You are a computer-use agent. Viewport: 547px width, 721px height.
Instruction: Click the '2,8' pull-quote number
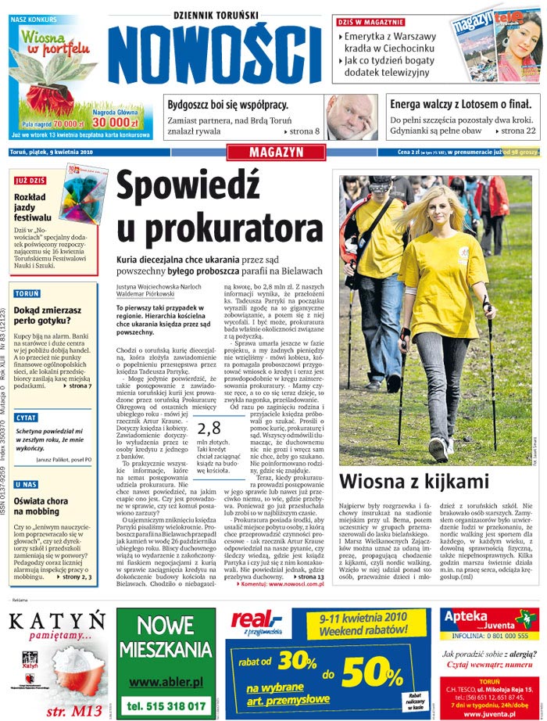pyautogui.click(x=209, y=427)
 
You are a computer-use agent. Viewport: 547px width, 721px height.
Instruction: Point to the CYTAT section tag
pyautogui.click(x=27, y=418)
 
